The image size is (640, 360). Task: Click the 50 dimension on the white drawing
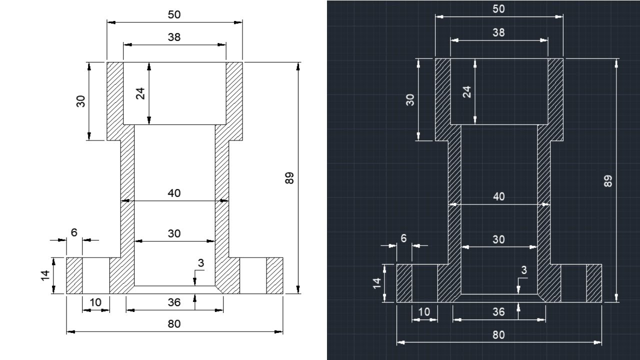pyautogui.click(x=174, y=15)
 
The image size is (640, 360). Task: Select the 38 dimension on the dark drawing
pyautogui.click(x=498, y=32)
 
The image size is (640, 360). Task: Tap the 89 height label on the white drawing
pyautogui.click(x=289, y=178)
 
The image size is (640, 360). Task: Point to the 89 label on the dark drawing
pyautogui.click(x=608, y=181)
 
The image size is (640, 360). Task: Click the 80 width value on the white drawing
pyautogui.click(x=174, y=324)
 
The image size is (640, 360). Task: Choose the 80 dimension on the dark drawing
pyautogui.click(x=498, y=335)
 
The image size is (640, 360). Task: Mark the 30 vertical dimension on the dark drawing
pyautogui.click(x=410, y=99)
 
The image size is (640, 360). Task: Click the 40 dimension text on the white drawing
pyautogui.click(x=174, y=193)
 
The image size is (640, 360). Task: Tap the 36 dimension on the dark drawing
pyautogui.click(x=498, y=312)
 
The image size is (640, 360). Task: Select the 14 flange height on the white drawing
pyautogui.click(x=44, y=275)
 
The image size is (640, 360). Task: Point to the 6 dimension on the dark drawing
pyautogui.click(x=403, y=238)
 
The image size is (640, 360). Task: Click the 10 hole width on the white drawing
pyautogui.click(x=95, y=302)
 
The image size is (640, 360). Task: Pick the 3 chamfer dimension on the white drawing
pyautogui.click(x=200, y=263)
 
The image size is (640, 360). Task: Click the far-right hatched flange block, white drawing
pyautogui.click(x=274, y=275)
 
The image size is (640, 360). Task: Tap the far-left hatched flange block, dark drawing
pyautogui.click(x=404, y=283)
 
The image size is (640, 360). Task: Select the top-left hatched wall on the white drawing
pyautogui.click(x=115, y=100)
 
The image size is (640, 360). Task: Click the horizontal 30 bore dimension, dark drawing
pyautogui.click(x=498, y=239)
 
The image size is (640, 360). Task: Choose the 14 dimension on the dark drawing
pyautogui.click(x=377, y=282)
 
